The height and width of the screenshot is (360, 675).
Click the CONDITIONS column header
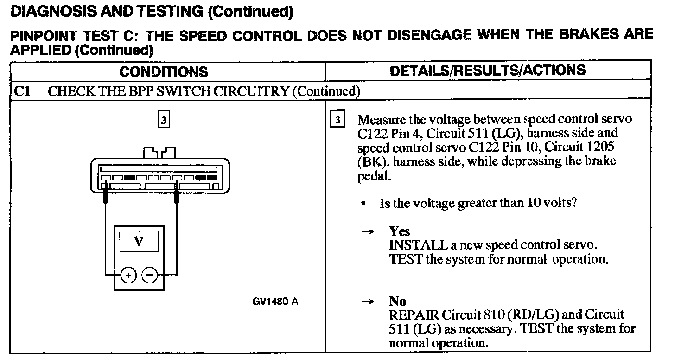(x=164, y=72)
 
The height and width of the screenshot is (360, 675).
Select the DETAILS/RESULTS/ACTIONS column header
(x=487, y=71)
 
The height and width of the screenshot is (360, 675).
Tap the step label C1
(x=22, y=91)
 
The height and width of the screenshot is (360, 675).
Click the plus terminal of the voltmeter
(x=128, y=275)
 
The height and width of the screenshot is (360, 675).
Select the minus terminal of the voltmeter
(x=149, y=275)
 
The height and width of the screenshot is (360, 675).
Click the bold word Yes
(x=400, y=231)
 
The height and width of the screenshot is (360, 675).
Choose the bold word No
(x=398, y=302)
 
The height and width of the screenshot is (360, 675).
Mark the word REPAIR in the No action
(x=414, y=315)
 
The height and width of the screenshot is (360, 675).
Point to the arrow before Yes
(x=368, y=232)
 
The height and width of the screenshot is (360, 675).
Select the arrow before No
(x=368, y=302)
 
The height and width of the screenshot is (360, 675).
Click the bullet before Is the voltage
(x=366, y=204)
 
